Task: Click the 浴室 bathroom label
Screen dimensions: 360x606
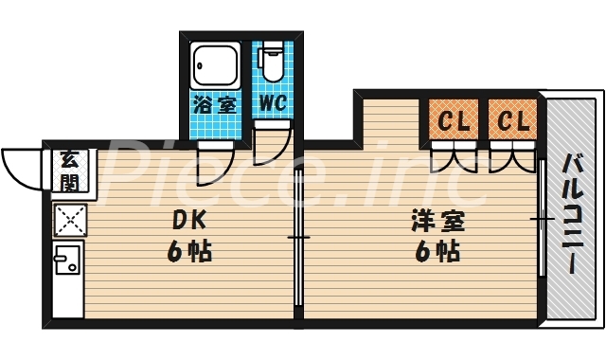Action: click(x=214, y=102)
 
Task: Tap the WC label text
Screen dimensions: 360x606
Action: click(x=272, y=101)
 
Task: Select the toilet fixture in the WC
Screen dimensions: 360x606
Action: click(x=272, y=63)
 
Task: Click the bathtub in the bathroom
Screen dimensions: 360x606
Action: click(x=216, y=64)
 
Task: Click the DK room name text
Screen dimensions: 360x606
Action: click(x=187, y=220)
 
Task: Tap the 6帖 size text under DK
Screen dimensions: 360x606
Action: click(x=187, y=252)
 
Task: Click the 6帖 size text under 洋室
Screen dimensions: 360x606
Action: click(x=436, y=253)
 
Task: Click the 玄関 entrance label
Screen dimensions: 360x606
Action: click(x=69, y=168)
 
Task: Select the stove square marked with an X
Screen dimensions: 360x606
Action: click(x=69, y=220)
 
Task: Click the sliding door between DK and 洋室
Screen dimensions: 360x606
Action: click(x=298, y=237)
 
